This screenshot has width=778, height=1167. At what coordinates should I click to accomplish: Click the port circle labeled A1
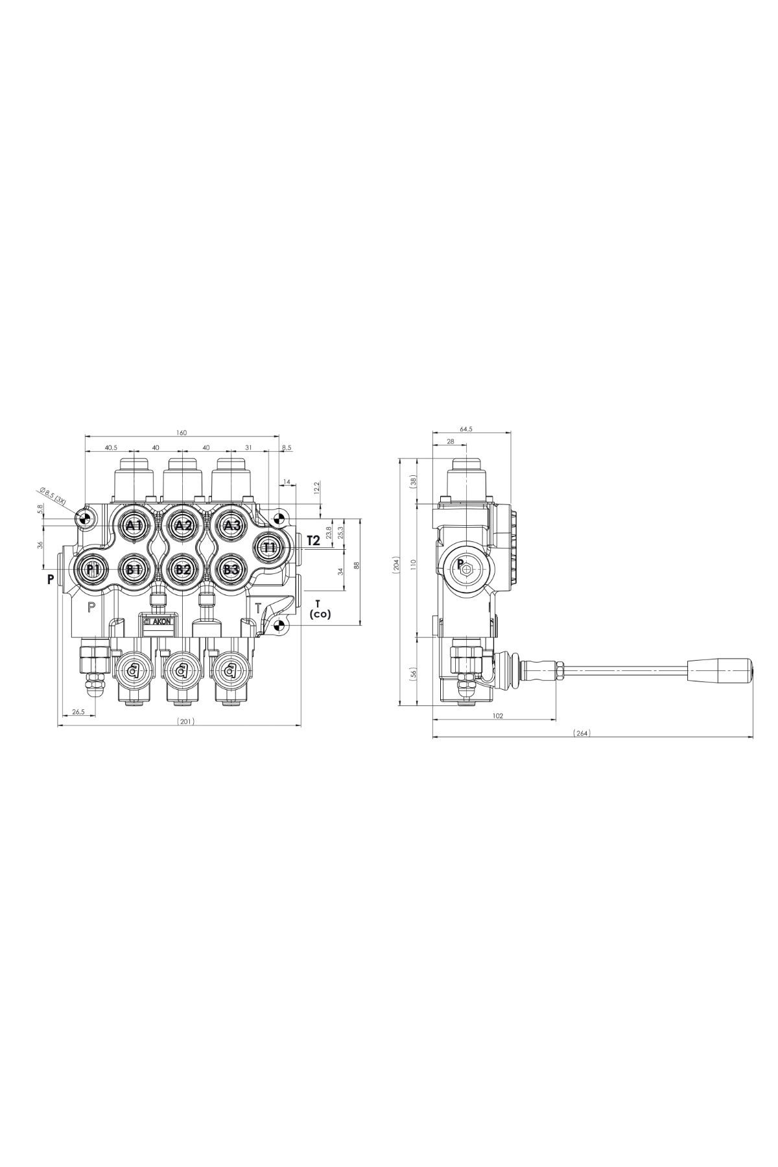click(x=134, y=525)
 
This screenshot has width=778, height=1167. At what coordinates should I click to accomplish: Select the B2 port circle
click(x=183, y=570)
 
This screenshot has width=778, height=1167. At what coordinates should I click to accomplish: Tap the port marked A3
click(x=231, y=525)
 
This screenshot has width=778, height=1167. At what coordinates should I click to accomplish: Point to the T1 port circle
click(x=270, y=547)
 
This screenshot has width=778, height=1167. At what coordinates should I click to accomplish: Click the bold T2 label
click(x=313, y=540)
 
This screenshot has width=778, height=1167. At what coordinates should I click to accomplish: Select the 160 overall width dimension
click(x=182, y=433)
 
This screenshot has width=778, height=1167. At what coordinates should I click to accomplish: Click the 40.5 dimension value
click(x=110, y=447)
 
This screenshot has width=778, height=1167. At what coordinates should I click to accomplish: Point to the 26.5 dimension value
click(x=78, y=711)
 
